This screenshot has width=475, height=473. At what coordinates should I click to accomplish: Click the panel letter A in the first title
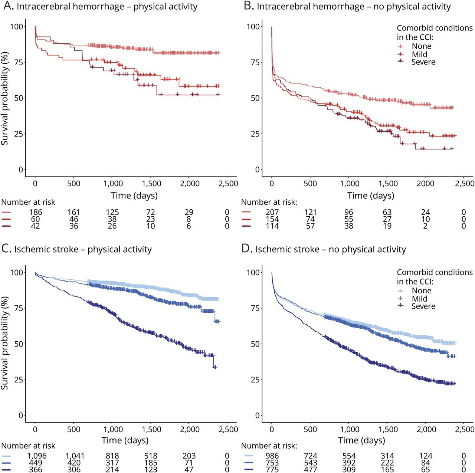pos(6,6)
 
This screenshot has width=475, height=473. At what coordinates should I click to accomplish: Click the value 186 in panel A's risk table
pos(36,212)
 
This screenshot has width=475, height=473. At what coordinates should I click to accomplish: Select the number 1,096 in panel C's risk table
pos(36,456)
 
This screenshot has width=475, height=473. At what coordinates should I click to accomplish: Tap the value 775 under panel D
pos(272,470)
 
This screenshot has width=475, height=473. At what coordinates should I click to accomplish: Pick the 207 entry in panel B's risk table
pos(272,212)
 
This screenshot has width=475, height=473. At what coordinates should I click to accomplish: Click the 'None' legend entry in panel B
pos(421,46)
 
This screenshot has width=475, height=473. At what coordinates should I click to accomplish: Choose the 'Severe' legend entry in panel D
pos(423,306)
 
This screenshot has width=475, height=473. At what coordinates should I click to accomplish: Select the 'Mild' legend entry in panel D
pos(419,299)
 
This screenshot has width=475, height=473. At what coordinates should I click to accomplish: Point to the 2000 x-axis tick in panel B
pos(425,183)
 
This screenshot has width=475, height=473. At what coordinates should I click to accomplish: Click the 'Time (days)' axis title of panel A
pos(134,196)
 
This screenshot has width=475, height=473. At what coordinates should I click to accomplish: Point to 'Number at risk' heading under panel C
pos(28,446)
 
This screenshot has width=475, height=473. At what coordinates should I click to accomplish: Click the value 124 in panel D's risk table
pos(426,456)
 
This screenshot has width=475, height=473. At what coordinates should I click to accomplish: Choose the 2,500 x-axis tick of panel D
pos(465,429)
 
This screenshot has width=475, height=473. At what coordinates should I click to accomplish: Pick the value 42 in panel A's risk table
pos(36,226)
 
